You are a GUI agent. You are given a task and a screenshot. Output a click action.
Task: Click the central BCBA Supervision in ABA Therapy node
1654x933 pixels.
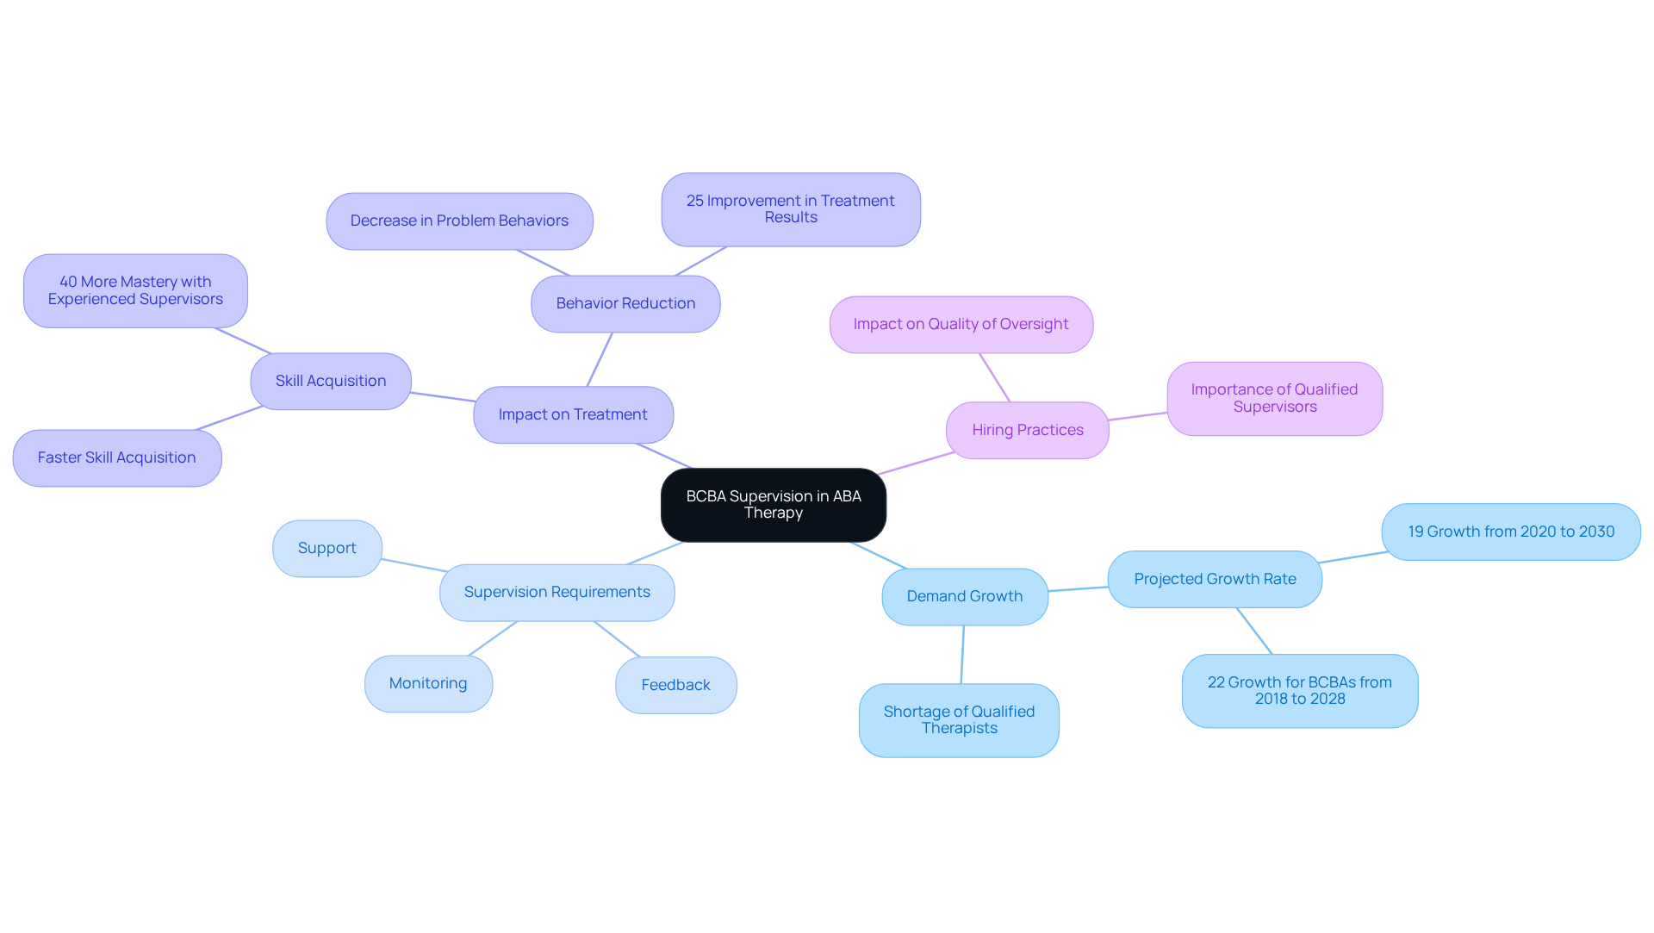pyautogui.click(x=773, y=505)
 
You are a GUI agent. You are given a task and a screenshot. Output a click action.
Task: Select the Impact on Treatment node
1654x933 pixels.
pyautogui.click(x=573, y=414)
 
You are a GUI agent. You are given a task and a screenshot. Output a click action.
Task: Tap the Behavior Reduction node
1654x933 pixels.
pyautogui.click(x=625, y=303)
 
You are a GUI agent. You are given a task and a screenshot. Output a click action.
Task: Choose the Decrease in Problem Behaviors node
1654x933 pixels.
pyautogui.click(x=459, y=221)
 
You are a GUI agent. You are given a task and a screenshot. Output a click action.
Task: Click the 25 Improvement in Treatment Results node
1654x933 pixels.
pyautogui.click(x=790, y=209)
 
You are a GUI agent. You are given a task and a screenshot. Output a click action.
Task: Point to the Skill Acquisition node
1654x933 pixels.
pyautogui.click(x=331, y=381)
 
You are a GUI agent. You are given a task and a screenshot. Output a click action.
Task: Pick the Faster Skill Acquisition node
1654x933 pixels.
pyautogui.click(x=117, y=457)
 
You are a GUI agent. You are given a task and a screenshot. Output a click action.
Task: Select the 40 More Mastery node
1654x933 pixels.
pyautogui.click(x=135, y=290)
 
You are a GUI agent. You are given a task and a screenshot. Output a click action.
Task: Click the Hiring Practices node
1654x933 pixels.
pyautogui.click(x=1027, y=430)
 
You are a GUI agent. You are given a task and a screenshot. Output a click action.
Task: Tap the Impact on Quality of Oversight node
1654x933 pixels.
pyautogui.click(x=961, y=324)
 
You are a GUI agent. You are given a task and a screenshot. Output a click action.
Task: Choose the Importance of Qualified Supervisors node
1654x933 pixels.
pyautogui.click(x=1274, y=398)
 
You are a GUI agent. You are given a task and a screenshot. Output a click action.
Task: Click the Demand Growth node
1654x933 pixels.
pyautogui.click(x=964, y=596)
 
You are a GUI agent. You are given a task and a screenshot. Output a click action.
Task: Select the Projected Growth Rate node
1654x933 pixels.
pyautogui.click(x=1214, y=579)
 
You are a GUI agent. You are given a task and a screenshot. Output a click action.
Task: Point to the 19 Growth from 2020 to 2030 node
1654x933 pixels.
pyautogui.click(x=1510, y=532)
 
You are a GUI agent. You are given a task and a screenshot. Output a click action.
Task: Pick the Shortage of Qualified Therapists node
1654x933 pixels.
pyautogui.click(x=959, y=720)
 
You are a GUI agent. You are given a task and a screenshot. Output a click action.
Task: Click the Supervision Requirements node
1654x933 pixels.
pyautogui.click(x=557, y=592)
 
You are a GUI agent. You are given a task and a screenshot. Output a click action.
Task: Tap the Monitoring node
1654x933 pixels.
pyautogui.click(x=428, y=683)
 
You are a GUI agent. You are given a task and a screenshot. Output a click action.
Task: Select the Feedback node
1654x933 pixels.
pyautogui.click(x=675, y=685)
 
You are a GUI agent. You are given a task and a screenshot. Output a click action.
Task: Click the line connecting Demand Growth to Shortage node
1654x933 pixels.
pyautogui.click(x=962, y=655)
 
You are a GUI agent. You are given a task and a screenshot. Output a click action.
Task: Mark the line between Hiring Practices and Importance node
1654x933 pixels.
pyautogui.click(x=1138, y=416)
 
